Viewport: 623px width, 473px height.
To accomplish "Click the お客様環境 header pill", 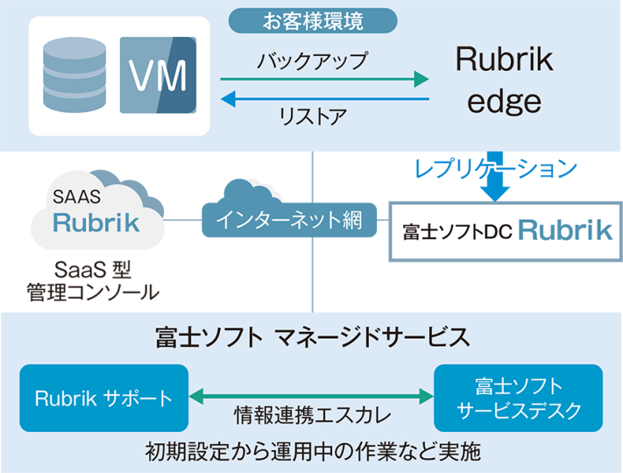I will (x=313, y=19).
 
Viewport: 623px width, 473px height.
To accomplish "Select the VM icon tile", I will (x=158, y=75).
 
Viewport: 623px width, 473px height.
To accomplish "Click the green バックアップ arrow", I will (x=324, y=81).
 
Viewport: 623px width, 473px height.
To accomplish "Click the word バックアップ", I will (x=312, y=62).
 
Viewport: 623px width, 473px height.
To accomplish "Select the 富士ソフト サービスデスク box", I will (x=519, y=399).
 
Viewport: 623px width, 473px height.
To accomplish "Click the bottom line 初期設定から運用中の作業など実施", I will (x=312, y=452).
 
